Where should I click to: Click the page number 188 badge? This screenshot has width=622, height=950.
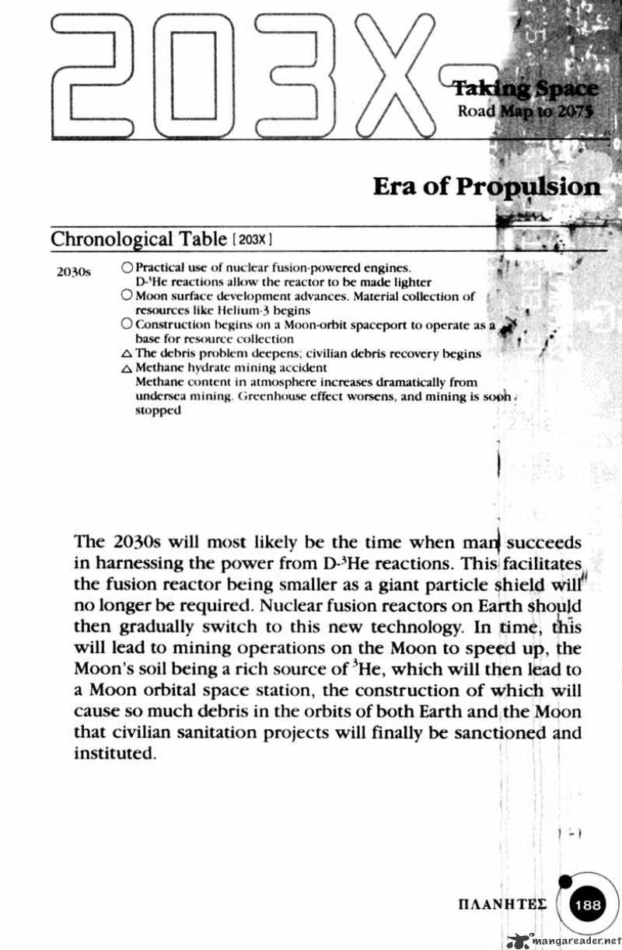pyautogui.click(x=589, y=905)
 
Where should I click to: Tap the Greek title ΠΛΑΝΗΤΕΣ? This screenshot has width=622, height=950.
pyautogui.click(x=503, y=905)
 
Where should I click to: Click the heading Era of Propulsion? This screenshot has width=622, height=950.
pyautogui.click(x=487, y=187)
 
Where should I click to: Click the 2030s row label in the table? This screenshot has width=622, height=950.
pyautogui.click(x=75, y=273)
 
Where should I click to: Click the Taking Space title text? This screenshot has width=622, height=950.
pyautogui.click(x=526, y=89)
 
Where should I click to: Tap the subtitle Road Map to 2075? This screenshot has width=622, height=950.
pyautogui.click(x=526, y=110)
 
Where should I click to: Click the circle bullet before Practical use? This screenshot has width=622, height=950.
pyautogui.click(x=128, y=267)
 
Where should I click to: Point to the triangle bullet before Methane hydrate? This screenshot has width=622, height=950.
pyautogui.click(x=128, y=368)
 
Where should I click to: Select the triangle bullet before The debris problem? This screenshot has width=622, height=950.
pyautogui.click(x=128, y=355)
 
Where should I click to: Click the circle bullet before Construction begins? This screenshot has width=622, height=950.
pyautogui.click(x=128, y=325)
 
